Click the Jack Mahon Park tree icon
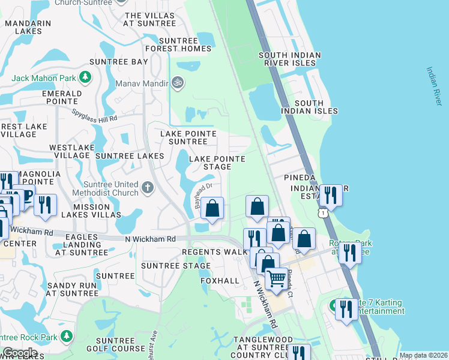[86, 77]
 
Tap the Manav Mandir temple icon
[177, 82]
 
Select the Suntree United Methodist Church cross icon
[148, 188]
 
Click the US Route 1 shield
[324, 212]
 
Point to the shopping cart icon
[276, 278]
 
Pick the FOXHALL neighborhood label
[220, 281]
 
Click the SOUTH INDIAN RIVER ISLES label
[290, 59]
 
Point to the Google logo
[20, 353]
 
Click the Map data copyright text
[423, 355]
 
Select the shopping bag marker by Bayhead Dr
[212, 208]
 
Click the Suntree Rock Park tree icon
[67, 335]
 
